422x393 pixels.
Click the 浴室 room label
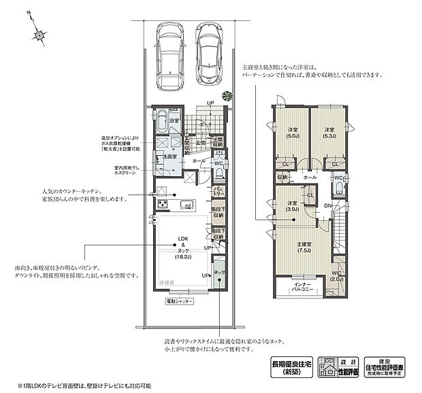click(x=174, y=121)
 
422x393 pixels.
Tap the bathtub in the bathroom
click(x=161, y=125)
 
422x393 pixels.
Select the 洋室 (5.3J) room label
click(x=329, y=133)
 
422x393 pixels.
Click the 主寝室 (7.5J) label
click(x=303, y=247)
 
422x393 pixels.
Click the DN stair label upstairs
click(x=328, y=205)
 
